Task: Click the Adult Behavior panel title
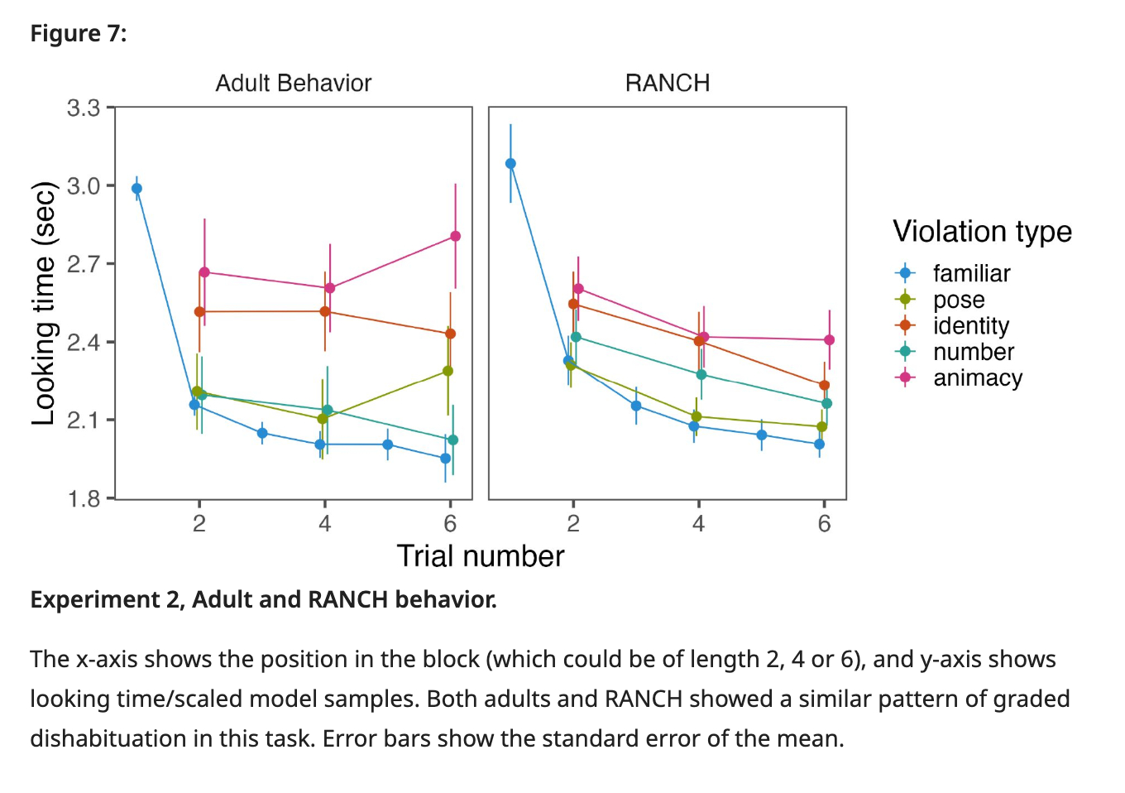point(293,83)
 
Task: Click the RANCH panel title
point(667,83)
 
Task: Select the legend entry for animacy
point(977,377)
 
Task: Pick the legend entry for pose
point(958,300)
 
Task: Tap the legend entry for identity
point(970,325)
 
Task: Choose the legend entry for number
point(973,352)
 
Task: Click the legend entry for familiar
point(971,273)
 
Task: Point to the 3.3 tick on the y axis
point(84,108)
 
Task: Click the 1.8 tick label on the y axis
point(84,498)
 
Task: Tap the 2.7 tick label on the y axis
point(84,264)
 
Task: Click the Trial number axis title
point(480,556)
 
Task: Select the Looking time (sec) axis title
point(43,303)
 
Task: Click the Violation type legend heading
point(982,232)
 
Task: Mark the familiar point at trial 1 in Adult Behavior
point(136,189)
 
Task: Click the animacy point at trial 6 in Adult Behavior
point(455,237)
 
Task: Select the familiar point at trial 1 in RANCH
point(510,164)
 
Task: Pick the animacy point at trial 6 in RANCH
point(829,340)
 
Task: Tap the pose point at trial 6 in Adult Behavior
point(448,371)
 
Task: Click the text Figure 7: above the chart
point(79,34)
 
